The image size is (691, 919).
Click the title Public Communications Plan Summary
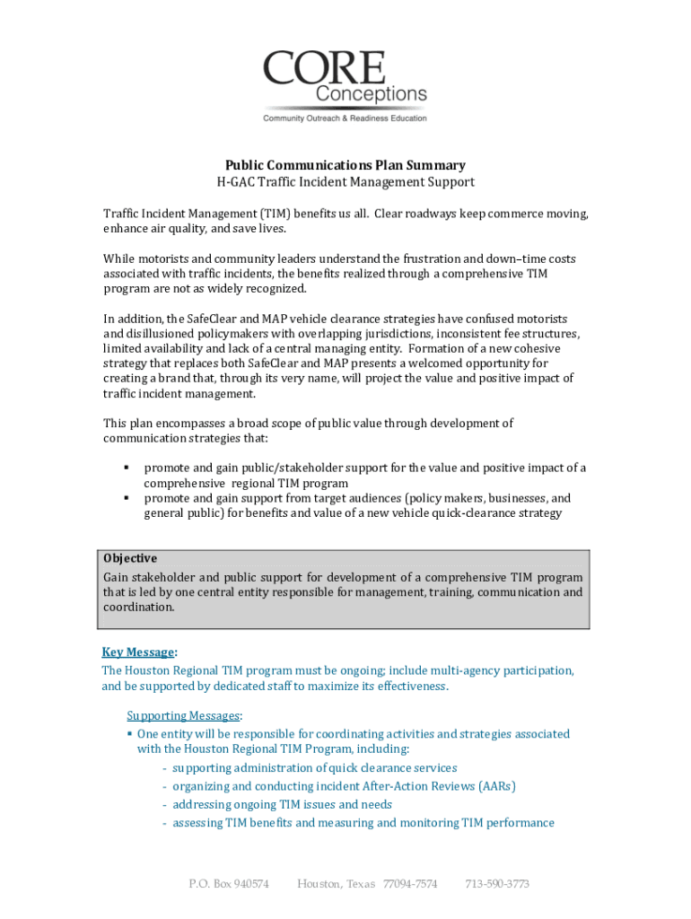coord(345,165)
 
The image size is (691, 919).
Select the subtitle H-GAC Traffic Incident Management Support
coord(345,182)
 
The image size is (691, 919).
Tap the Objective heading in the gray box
coord(130,558)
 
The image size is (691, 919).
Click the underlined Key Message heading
coord(138,652)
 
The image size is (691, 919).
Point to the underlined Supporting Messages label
coord(183,715)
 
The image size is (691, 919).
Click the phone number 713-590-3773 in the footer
coord(496,884)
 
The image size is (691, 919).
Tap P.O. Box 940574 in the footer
coord(229,884)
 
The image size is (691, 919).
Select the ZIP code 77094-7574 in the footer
coord(410,884)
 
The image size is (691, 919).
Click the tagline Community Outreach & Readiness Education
coord(345,118)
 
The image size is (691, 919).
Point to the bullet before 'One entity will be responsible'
coord(130,734)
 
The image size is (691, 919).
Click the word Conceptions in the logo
coord(371,94)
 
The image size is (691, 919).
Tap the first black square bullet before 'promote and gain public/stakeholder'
coord(127,468)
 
